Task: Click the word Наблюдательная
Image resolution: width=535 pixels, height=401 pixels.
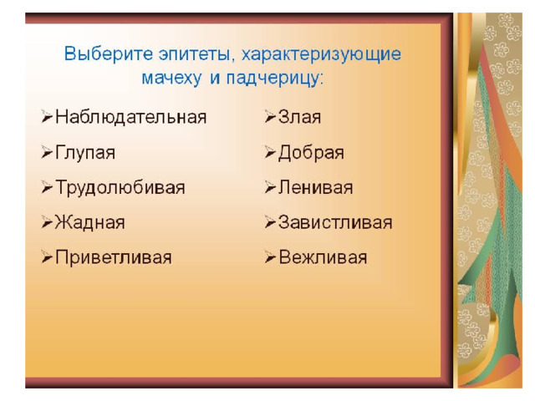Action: coord(131,117)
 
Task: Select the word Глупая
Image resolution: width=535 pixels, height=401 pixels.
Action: coord(85,153)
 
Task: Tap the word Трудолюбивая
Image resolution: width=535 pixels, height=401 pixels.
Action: coord(120,188)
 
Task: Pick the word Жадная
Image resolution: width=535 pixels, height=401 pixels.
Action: coord(90,223)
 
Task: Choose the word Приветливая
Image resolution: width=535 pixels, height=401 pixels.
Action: coord(114,257)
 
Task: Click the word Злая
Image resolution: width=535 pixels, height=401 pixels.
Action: coord(299,117)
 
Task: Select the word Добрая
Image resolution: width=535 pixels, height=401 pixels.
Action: coord(311,153)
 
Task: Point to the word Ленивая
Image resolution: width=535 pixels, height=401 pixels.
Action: coord(316,188)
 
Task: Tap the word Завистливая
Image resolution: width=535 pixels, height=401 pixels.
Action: coord(335,223)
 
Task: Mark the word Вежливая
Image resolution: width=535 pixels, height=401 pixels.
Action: coord(324,257)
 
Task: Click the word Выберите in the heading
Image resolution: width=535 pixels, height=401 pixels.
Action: coord(109,53)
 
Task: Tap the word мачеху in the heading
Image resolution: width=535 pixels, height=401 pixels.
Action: coord(171,79)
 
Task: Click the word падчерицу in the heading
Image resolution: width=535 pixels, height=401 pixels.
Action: coord(274,79)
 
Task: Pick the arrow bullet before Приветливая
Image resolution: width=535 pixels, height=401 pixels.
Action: coord(47,256)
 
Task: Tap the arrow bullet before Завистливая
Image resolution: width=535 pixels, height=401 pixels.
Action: coord(270,222)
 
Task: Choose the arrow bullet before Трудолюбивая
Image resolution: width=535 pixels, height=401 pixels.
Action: coord(47,187)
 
